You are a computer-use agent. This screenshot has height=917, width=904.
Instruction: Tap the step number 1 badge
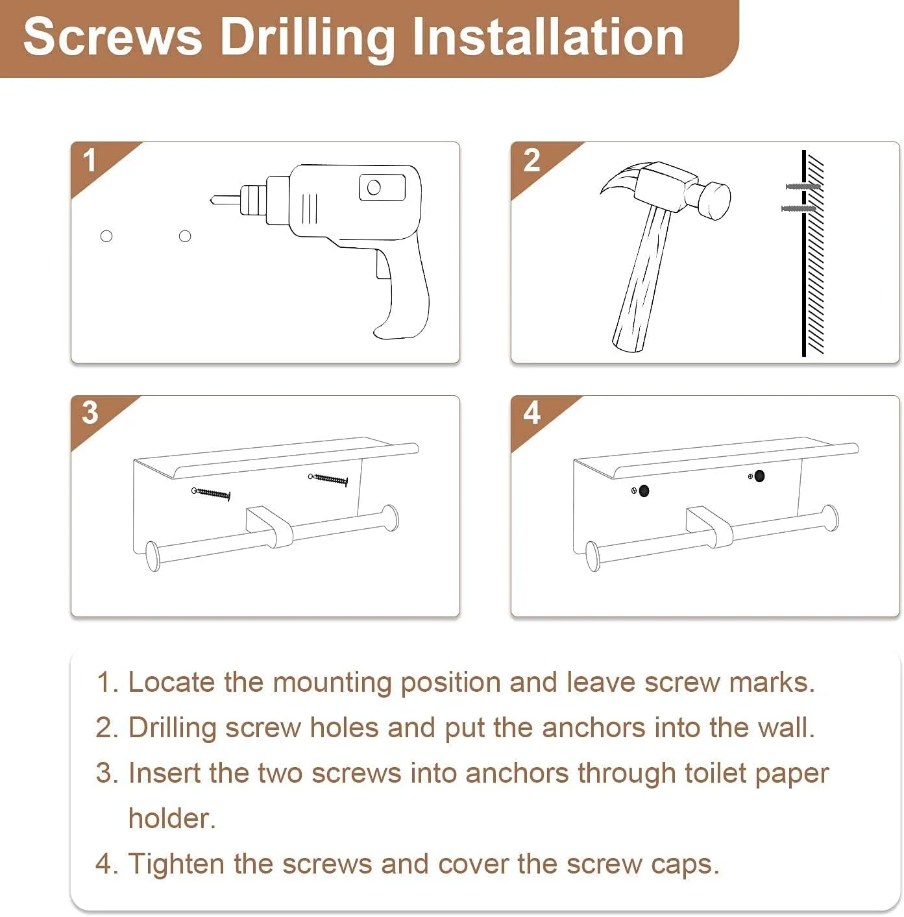pos(90,160)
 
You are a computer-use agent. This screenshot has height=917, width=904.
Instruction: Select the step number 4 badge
pos(531,413)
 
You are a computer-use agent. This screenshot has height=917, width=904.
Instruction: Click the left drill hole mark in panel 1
pos(106,236)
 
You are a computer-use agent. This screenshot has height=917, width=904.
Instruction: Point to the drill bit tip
pos(212,201)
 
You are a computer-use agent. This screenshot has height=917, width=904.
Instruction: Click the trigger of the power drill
pos(384,264)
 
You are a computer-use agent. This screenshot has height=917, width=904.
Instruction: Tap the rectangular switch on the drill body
pos(382,187)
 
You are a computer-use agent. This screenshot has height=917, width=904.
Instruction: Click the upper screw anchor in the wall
pos(803,186)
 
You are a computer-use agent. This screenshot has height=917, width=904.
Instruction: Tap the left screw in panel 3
pos(211,493)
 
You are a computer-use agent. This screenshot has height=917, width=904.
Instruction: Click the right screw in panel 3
pos(328,479)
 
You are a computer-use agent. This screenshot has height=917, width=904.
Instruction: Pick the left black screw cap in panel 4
pos(644,491)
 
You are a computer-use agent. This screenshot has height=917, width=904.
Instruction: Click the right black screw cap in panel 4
pos(759,476)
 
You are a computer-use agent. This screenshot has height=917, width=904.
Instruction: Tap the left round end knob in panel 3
pos(153,556)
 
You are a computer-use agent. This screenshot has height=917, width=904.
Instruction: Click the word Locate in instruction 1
pos(171,683)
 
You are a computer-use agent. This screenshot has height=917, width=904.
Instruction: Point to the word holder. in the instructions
pos(173,818)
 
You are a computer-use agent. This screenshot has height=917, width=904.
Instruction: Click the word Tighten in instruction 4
pos(177,864)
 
